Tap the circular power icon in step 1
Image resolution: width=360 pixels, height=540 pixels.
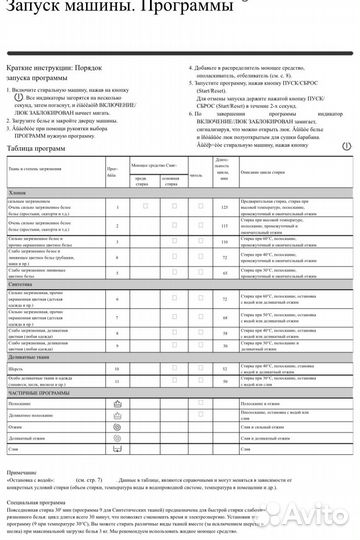(13, 99)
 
